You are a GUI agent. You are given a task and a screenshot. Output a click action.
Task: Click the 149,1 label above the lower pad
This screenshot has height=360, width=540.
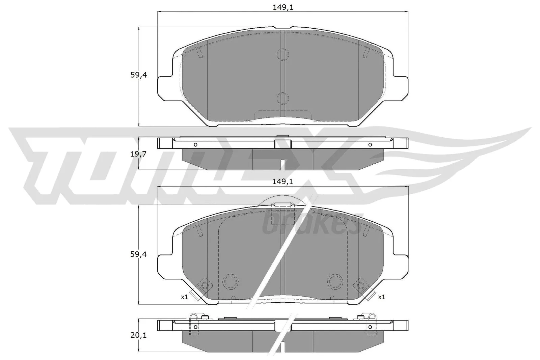[283, 182]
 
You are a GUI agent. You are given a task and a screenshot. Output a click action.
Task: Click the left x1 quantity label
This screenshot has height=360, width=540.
[184, 297]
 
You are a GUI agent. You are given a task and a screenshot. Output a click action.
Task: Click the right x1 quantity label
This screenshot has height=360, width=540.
[381, 297]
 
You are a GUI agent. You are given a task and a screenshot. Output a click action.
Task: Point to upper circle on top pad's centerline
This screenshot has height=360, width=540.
[283, 54]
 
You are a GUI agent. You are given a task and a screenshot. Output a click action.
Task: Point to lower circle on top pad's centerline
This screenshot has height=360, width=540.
[283, 98]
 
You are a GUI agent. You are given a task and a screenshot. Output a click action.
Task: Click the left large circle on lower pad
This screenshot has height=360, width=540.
[231, 280]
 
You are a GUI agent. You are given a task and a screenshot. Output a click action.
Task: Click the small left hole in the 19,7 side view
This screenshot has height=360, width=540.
[195, 145]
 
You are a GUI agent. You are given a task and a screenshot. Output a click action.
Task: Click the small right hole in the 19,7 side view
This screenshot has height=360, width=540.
[370, 145]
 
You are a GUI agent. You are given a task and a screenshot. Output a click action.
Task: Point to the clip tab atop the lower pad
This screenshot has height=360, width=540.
[283, 205]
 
